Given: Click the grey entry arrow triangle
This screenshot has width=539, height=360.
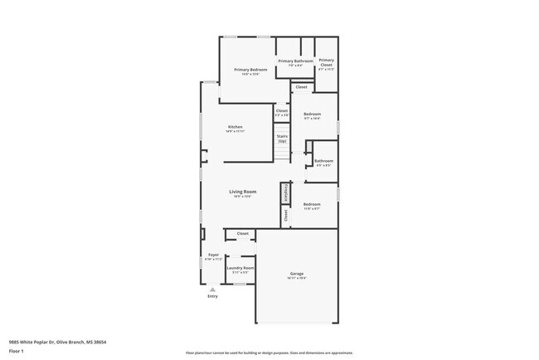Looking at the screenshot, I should click(x=212, y=289).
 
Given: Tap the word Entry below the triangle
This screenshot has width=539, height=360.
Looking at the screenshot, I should click(x=212, y=296).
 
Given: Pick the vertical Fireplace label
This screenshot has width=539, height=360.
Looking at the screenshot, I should click(x=285, y=192).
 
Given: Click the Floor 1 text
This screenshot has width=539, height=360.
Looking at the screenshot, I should click(x=16, y=352).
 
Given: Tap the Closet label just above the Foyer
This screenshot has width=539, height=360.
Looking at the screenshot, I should click(x=242, y=234).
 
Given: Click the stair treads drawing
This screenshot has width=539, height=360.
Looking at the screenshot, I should click(x=282, y=153).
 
